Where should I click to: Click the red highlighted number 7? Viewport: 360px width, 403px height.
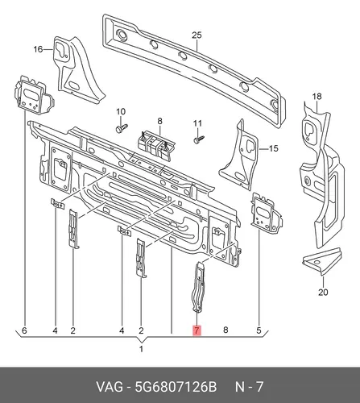pos(197,330)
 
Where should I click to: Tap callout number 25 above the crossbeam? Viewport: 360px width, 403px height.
pos(197,35)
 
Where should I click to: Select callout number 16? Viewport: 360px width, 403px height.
pos(38,49)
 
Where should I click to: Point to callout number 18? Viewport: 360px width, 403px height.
pos(317,96)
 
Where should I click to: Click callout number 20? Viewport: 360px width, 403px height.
pos(323,292)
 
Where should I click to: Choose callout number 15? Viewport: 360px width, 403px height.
pos(273,148)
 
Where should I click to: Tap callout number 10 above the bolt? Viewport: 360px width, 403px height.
pos(121,111)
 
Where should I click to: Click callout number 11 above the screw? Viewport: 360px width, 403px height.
pos(197,123)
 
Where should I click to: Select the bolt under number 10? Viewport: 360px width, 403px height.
pos(122,127)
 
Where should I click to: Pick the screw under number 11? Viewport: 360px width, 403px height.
pos(199,139)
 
